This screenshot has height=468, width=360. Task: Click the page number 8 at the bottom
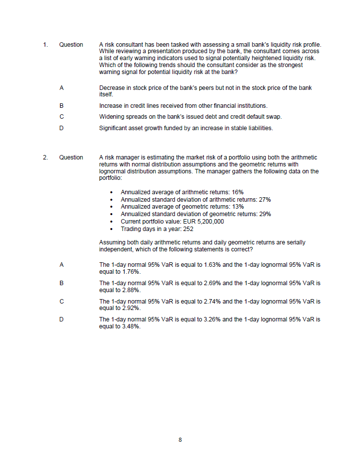(180, 440)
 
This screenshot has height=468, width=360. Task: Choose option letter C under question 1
(62, 117)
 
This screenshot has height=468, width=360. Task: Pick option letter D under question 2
(62, 319)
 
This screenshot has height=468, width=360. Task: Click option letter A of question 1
(62, 88)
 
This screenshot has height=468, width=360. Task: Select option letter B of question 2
(62, 283)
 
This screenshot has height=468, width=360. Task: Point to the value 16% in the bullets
(237, 192)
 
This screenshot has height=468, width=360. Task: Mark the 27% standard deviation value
(265, 199)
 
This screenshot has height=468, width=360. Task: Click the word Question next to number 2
(71, 157)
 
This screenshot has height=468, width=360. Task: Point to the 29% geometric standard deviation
(265, 214)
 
